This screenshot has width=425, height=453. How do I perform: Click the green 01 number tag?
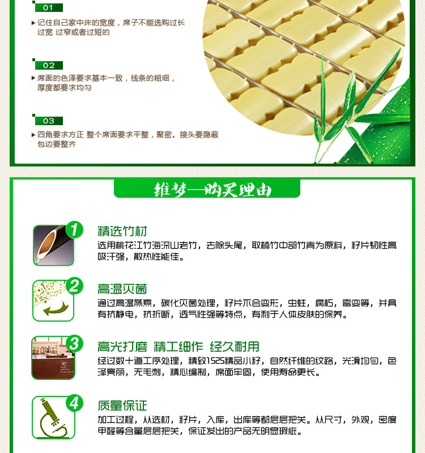click(49, 7)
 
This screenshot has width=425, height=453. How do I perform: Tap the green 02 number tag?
click(49, 65)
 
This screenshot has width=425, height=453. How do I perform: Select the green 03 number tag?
click(49, 121)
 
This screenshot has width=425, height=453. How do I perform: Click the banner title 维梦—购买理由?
click(212, 190)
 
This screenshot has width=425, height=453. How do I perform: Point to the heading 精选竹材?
click(122, 231)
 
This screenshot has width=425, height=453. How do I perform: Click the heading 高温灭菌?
click(122, 289)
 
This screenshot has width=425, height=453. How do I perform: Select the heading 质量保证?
click(122, 405)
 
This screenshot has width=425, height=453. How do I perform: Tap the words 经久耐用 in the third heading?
click(235, 347)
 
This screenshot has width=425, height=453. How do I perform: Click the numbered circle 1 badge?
click(74, 230)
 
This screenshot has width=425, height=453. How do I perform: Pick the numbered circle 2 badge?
click(74, 286)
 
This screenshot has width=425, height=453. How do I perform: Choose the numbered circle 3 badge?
click(74, 344)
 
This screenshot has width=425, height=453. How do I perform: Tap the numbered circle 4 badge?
click(74, 403)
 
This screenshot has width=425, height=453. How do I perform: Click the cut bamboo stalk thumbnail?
click(53, 246)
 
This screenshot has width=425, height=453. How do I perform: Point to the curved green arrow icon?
click(56, 309)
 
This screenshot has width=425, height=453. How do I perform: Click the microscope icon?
click(53, 418)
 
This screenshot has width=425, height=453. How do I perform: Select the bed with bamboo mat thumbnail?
click(53, 358)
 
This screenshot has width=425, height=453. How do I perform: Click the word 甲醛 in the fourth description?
click(107, 431)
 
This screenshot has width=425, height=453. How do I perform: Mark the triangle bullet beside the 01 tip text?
click(33, 23)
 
